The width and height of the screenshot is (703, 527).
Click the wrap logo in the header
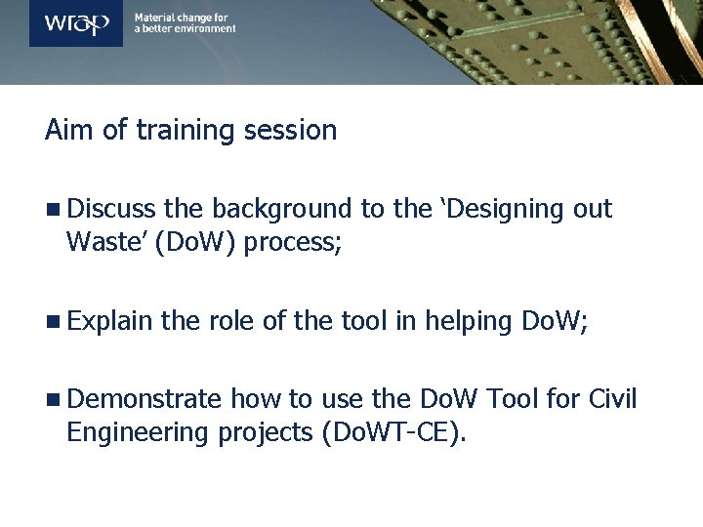(76, 23)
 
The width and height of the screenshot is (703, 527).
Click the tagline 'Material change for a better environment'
(185, 23)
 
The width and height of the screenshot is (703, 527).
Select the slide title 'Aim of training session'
(191, 130)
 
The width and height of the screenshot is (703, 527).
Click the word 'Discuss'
(112, 209)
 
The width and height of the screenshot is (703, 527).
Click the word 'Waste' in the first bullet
(101, 241)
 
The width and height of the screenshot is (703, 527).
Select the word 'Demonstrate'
(145, 399)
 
